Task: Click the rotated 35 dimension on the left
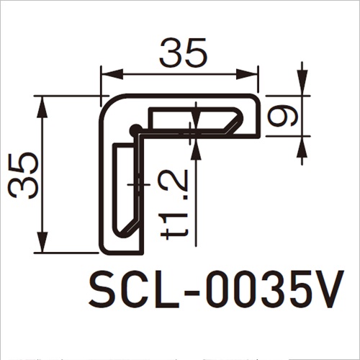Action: [24, 175]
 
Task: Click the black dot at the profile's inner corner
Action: [134, 130]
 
